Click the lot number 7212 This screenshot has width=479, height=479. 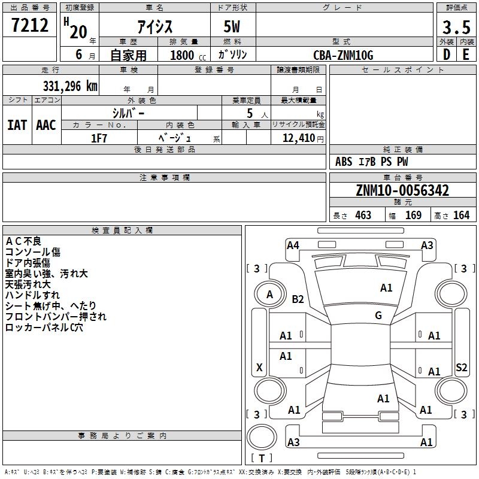[x=30, y=26]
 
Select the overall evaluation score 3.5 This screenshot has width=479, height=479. [x=456, y=28]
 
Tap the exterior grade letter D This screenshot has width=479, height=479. [x=446, y=54]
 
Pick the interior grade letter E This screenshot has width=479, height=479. [x=466, y=54]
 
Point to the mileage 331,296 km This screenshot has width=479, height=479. [x=69, y=86]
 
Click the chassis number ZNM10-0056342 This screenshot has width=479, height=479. [x=402, y=190]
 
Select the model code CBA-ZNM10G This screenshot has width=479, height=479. [x=343, y=55]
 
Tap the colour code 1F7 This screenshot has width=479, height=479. [x=99, y=138]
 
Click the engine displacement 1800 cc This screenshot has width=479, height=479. [x=183, y=55]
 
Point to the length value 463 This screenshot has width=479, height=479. [x=363, y=216]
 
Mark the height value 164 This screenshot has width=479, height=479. [x=461, y=216]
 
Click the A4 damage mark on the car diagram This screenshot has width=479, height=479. [x=293, y=245]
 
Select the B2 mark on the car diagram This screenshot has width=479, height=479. [x=298, y=299]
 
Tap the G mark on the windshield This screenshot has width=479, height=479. [x=378, y=315]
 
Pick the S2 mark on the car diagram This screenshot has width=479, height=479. [x=461, y=368]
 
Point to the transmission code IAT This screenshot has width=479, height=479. [x=17, y=125]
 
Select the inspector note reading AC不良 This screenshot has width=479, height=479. [x=23, y=241]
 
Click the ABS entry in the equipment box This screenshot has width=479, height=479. [x=344, y=162]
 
